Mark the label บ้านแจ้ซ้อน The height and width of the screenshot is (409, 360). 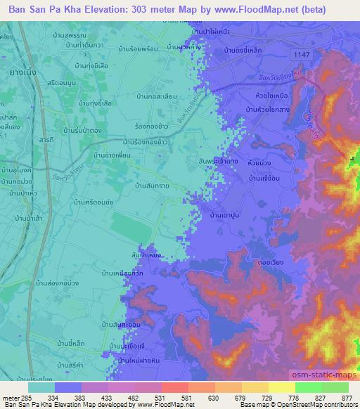click(264, 181)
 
